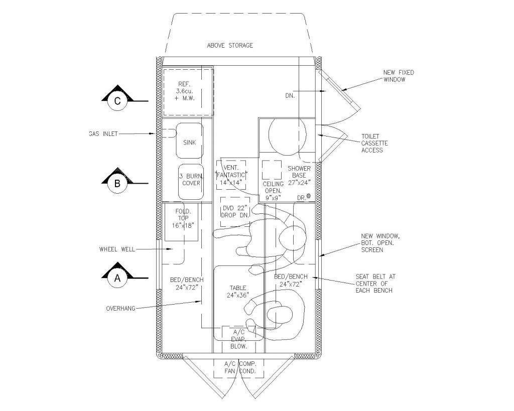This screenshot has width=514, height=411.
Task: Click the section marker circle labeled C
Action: (x=117, y=101)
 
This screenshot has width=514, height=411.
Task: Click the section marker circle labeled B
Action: (x=117, y=184)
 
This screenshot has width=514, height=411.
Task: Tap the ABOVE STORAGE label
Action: (x=230, y=46)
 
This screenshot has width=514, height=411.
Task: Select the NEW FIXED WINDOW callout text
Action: (x=399, y=76)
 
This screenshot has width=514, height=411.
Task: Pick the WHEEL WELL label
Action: (x=117, y=249)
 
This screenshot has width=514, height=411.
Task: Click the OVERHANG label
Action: (x=120, y=308)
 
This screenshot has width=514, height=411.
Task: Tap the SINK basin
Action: (x=189, y=141)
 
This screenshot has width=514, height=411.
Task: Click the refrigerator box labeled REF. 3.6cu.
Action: (x=188, y=92)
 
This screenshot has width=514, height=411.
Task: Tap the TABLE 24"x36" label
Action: (x=238, y=292)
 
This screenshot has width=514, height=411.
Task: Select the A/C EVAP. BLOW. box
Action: (x=239, y=339)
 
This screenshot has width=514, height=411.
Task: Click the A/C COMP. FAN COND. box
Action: (x=238, y=368)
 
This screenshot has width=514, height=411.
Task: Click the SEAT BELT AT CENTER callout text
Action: (x=374, y=284)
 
